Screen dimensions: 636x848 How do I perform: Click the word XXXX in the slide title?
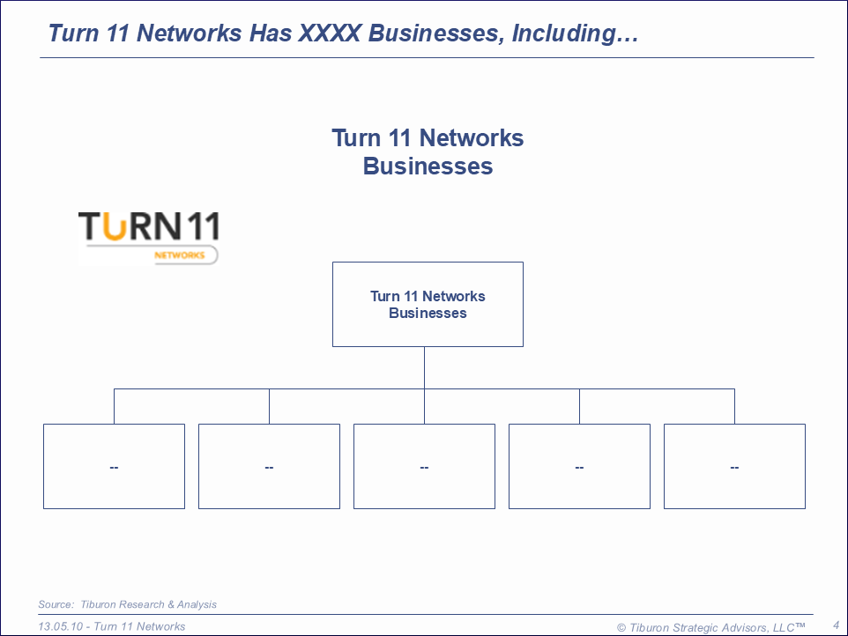331,33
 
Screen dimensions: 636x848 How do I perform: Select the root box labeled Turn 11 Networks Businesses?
428,304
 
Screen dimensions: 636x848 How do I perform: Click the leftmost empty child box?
114,466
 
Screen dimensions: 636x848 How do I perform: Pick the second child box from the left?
269,466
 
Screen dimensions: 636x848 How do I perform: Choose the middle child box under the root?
424,466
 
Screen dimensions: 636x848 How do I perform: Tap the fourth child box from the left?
579,466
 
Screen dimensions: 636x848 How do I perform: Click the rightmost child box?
734,466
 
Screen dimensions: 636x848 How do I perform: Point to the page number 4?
835,625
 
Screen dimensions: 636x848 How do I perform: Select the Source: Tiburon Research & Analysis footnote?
127,604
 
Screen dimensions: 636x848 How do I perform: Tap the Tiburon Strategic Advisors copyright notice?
710,626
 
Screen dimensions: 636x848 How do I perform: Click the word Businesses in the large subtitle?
428,166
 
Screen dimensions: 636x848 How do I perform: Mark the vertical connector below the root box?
424,366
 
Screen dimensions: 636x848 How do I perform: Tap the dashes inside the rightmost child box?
734,467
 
